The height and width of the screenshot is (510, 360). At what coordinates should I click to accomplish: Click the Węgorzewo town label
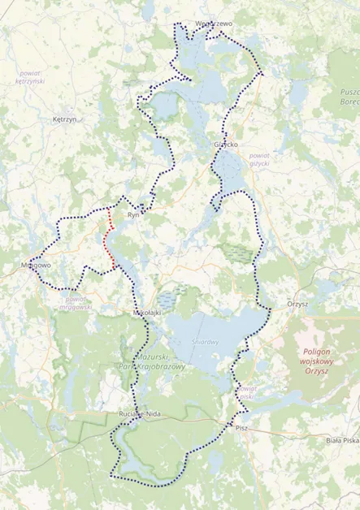pos(214,24)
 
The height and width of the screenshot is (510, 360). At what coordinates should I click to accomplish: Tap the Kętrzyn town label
pos(63,119)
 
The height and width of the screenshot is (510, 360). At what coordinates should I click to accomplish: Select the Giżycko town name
pos(225,144)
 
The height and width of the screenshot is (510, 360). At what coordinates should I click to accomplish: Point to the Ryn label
pos(134,215)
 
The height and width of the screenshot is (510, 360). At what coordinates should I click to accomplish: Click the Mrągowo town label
pos(35,265)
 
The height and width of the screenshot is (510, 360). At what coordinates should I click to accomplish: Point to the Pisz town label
pos(241,426)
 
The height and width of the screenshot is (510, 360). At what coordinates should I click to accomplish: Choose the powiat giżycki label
pos(258,158)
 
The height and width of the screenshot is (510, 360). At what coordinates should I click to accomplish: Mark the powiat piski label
pos(246,393)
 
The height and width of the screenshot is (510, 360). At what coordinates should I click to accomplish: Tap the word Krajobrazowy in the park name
pos(162,366)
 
